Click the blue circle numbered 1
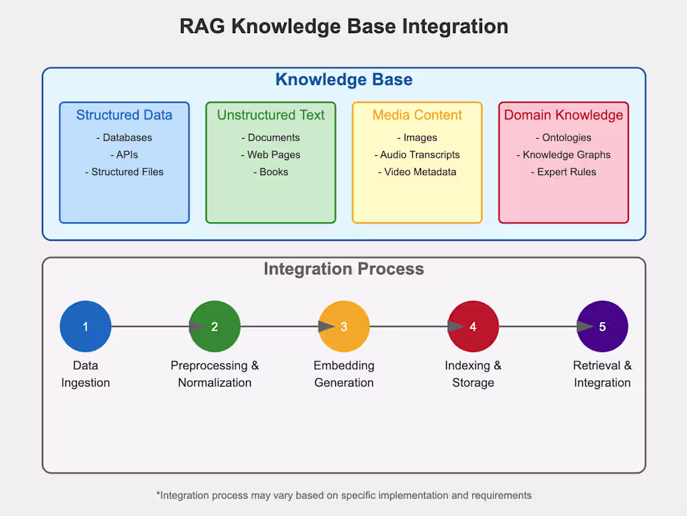(86, 326)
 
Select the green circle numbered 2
(215, 326)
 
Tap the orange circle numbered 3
(344, 326)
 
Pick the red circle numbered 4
(473, 326)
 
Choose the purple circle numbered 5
(602, 326)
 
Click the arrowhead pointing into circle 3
(326, 326)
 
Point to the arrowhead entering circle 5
(585, 326)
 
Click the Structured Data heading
(124, 115)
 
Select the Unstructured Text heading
(271, 115)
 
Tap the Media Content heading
(417, 115)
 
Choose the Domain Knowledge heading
(563, 115)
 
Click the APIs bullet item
(124, 154)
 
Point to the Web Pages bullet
(271, 154)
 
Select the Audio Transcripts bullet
(417, 154)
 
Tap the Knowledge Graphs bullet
(563, 154)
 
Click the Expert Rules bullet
(563, 172)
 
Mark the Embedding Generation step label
(344, 374)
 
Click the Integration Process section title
(343, 269)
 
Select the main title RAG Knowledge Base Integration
(343, 26)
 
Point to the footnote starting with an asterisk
(343, 495)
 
